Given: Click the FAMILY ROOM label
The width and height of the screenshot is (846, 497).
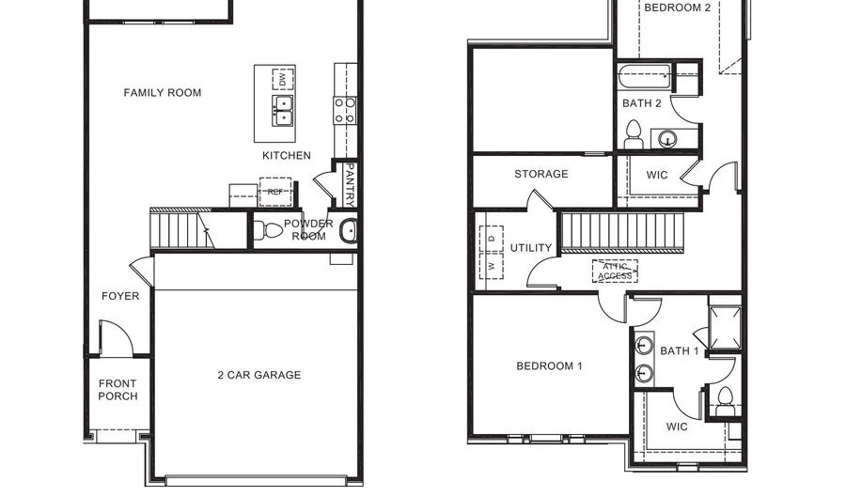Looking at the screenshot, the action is pyautogui.click(x=163, y=93).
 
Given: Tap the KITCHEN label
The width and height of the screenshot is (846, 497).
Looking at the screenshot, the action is pyautogui.click(x=287, y=156).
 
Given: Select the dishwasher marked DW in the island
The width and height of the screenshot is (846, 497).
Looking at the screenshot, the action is pyautogui.click(x=283, y=79).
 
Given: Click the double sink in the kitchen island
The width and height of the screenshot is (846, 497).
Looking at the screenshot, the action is pyautogui.click(x=283, y=111).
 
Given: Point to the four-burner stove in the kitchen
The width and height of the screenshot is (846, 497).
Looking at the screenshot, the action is pyautogui.click(x=345, y=111).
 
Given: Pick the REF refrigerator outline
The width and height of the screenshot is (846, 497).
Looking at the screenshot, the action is pyautogui.click(x=275, y=192).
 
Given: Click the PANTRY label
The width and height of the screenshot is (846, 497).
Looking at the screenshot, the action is pyautogui.click(x=350, y=185).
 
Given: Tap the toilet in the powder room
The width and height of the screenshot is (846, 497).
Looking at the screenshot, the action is pyautogui.click(x=268, y=230).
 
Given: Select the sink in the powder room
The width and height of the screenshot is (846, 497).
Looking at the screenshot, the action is pyautogui.click(x=349, y=231).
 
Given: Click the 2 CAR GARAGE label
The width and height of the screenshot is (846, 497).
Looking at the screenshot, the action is pyautogui.click(x=259, y=375).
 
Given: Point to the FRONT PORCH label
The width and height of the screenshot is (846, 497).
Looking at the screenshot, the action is pyautogui.click(x=117, y=390).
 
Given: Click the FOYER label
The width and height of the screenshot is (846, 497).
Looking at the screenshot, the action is pyautogui.click(x=120, y=296).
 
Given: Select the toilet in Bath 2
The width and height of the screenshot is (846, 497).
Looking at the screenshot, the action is pyautogui.click(x=634, y=134).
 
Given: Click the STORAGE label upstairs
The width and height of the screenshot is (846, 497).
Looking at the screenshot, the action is pyautogui.click(x=541, y=174).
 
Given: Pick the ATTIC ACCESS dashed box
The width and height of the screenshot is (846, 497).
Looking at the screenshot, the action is pyautogui.click(x=615, y=272).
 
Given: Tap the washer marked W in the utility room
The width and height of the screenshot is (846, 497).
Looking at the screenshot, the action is pyautogui.click(x=491, y=266).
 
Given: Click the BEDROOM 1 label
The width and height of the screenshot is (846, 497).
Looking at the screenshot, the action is pyautogui.click(x=549, y=366).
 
